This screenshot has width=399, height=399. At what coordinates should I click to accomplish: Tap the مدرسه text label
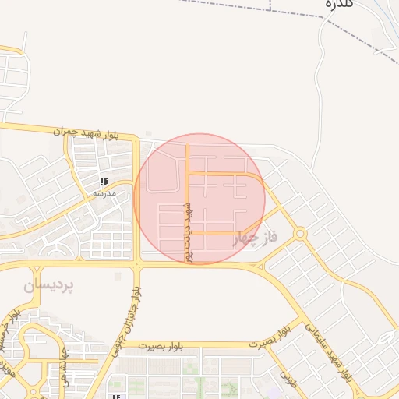pos(104,192)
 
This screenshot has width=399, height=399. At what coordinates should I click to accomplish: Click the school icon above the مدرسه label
pos(104,182)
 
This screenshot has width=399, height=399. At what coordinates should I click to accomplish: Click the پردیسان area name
pos(48,286)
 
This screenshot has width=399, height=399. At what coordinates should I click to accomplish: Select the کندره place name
pos(340,4)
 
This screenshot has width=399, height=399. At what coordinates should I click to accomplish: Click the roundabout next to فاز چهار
pos(300,234)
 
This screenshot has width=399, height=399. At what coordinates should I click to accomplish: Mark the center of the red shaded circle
pos(199,199)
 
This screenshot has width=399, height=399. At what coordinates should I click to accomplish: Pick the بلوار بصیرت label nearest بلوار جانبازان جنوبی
pos(159,345)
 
